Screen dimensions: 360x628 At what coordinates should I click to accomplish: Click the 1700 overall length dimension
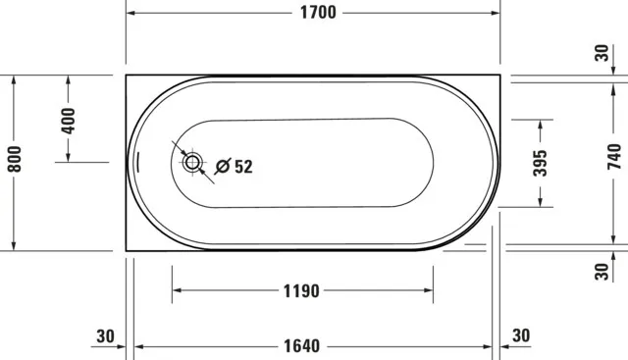point(314,13)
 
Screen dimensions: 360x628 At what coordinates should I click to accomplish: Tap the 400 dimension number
point(68,121)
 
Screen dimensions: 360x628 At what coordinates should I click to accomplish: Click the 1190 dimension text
point(303,291)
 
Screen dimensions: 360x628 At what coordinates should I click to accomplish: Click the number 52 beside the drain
point(243,167)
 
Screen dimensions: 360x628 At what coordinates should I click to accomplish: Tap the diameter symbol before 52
point(223,167)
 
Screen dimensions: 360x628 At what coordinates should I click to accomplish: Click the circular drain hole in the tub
point(192,163)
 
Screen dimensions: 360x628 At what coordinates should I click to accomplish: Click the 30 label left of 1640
point(106,336)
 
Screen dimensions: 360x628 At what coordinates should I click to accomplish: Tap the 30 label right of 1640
point(520,336)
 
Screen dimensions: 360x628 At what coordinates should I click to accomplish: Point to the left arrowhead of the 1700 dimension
point(131,14)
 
